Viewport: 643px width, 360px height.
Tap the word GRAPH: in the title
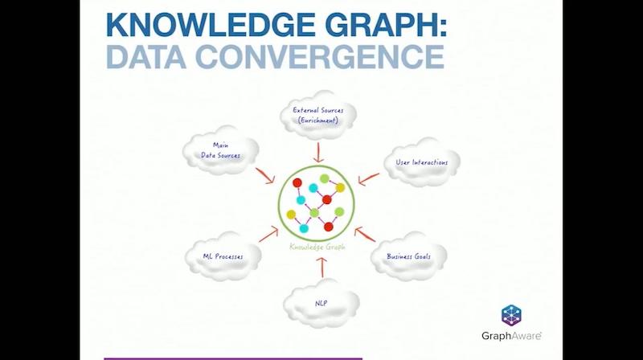[x=386, y=26]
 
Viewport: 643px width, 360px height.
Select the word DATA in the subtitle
[x=146, y=56]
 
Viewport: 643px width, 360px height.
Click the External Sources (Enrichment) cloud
[x=317, y=116]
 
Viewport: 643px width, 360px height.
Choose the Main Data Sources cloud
[x=220, y=150]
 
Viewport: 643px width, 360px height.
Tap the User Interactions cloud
[x=421, y=162]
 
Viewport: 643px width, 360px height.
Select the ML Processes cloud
[x=223, y=256]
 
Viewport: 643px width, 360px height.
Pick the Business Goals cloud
[x=408, y=256]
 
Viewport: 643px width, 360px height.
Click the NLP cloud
[x=321, y=304]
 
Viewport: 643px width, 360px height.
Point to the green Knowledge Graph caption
[x=317, y=247]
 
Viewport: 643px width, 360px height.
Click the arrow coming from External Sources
[x=318, y=153]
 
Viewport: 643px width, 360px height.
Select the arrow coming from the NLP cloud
[x=322, y=268]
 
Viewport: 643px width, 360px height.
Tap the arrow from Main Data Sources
[x=265, y=175]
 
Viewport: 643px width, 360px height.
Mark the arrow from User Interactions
[x=369, y=178]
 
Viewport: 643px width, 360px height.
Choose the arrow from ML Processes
[x=268, y=235]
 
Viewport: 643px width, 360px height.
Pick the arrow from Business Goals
[x=365, y=234]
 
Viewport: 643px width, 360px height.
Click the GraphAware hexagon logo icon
[x=511, y=316]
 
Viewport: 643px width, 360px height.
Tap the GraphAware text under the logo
[x=511, y=336]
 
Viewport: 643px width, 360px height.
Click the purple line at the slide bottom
[x=233, y=358]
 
